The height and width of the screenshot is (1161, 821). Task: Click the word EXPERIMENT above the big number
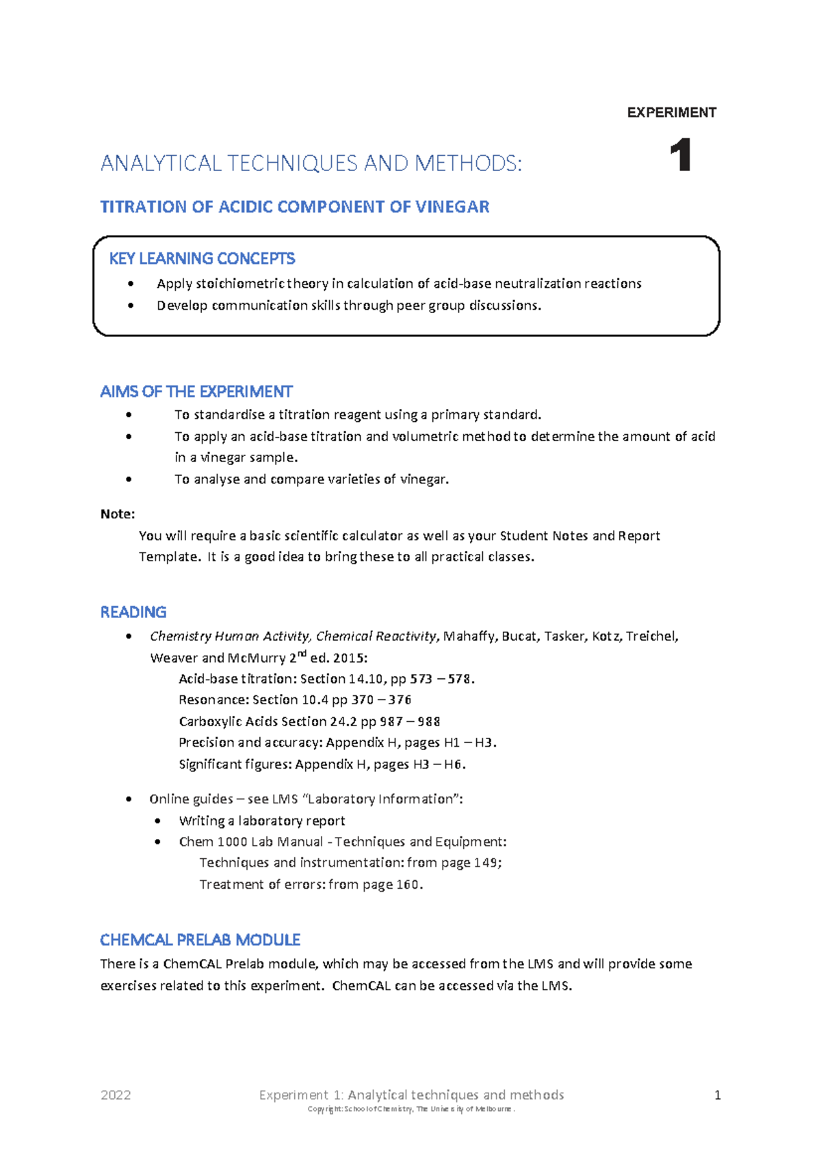click(x=671, y=113)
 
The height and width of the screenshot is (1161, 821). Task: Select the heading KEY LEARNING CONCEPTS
click(x=202, y=258)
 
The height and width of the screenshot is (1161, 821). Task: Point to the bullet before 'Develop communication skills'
click(x=130, y=306)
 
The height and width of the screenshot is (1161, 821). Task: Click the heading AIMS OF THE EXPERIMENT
click(x=196, y=392)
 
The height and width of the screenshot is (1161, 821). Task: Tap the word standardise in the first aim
click(x=229, y=415)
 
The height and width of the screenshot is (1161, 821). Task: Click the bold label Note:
click(x=117, y=514)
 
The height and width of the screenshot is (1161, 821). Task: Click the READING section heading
click(x=133, y=612)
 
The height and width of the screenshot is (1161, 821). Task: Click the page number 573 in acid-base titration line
click(x=421, y=679)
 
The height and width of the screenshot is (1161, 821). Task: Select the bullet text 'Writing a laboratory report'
click(x=261, y=820)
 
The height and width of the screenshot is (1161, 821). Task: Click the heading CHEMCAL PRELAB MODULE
click(x=200, y=940)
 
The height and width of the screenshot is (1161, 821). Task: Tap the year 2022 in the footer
click(x=116, y=1095)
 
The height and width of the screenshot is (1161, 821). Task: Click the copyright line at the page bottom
click(x=410, y=1109)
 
